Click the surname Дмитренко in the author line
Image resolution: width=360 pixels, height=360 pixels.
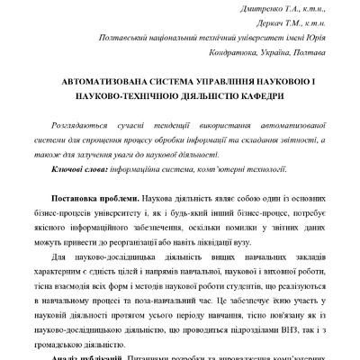(235, 7)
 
